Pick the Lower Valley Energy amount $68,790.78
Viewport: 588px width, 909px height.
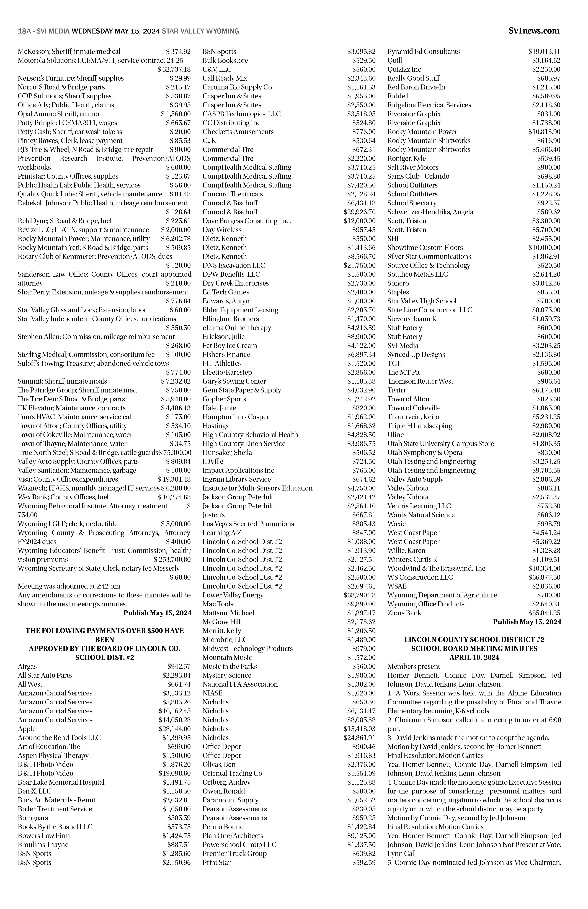click(359, 595)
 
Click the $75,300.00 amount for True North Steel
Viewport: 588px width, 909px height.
click(174, 453)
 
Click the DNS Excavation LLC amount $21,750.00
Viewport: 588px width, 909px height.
click(359, 265)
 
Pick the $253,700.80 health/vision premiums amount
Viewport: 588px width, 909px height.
click(172, 559)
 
